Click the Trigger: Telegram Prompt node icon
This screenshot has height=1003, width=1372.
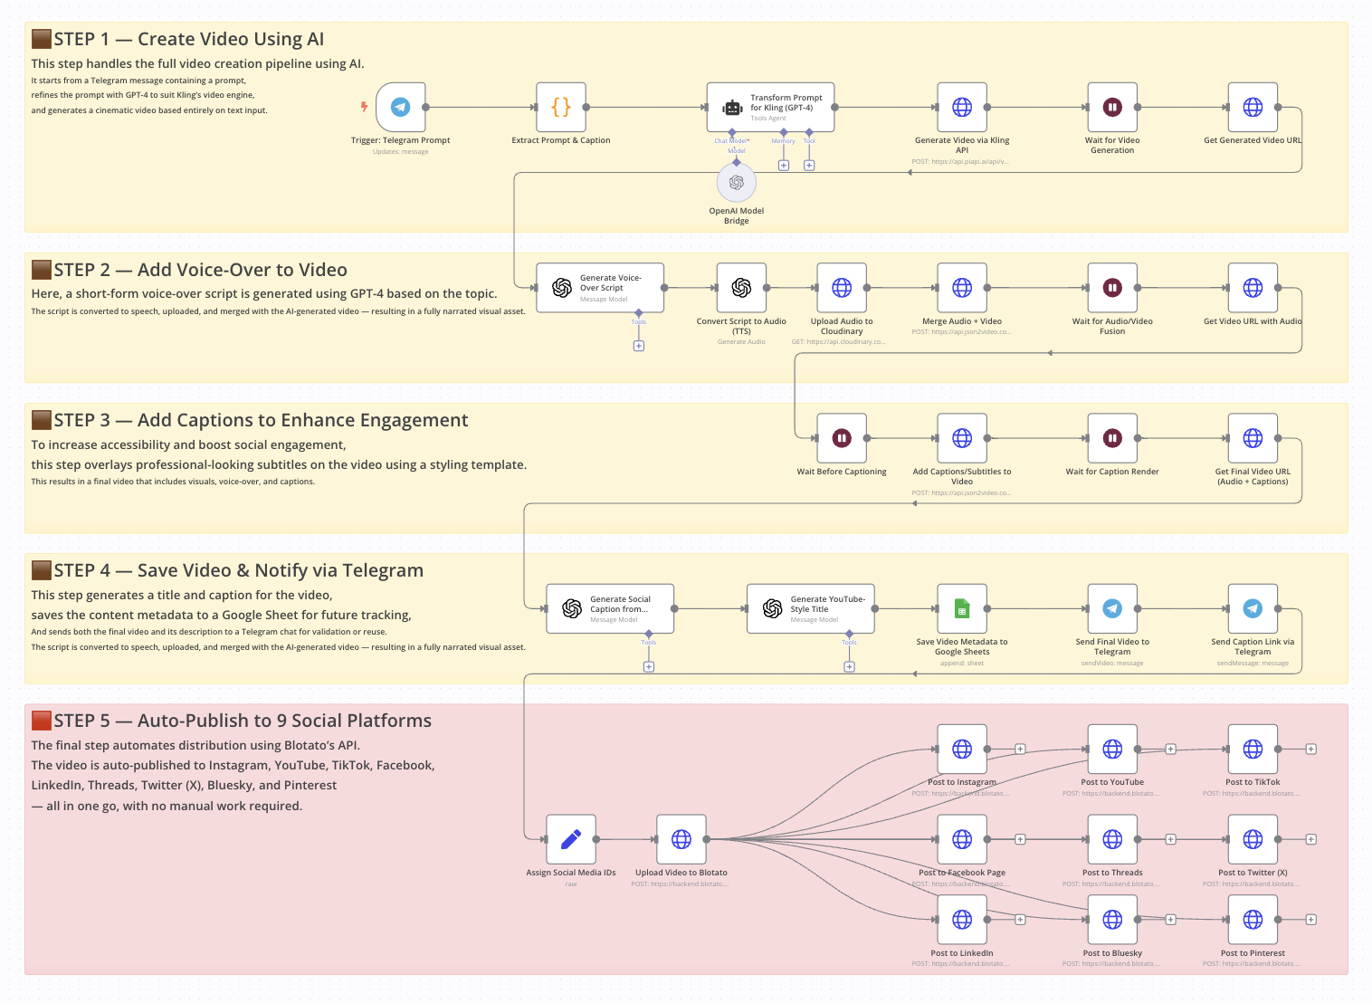click(x=400, y=107)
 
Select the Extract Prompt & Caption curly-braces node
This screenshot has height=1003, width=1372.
click(x=561, y=107)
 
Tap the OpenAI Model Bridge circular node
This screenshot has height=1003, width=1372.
click(x=737, y=183)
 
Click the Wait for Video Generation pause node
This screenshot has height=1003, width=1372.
click(x=1112, y=107)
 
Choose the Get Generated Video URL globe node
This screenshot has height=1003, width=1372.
click(x=1253, y=107)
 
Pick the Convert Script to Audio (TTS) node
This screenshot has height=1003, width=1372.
click(x=741, y=288)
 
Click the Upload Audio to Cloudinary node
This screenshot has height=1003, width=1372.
click(x=842, y=288)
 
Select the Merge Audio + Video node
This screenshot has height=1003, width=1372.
click(x=962, y=288)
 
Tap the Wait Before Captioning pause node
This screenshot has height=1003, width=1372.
click(x=842, y=438)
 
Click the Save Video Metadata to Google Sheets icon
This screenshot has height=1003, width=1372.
click(x=962, y=608)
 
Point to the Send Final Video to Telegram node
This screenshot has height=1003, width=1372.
click(x=1112, y=608)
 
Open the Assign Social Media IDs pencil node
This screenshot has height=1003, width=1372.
click(x=571, y=839)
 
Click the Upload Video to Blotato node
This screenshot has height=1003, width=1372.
click(x=681, y=839)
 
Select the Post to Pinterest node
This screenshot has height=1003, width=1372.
click(x=1253, y=920)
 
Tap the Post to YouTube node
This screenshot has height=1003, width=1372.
click(x=1112, y=749)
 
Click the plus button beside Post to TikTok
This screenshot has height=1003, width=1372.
click(x=1310, y=749)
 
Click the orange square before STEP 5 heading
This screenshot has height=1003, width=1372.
click(x=41, y=721)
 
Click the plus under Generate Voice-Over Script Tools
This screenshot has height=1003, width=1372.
click(x=639, y=346)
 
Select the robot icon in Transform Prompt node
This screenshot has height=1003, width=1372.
click(x=732, y=108)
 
